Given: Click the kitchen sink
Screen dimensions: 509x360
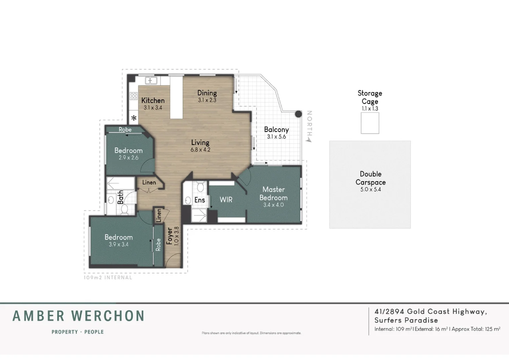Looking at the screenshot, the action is pos(151,81).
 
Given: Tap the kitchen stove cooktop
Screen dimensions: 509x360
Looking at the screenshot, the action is pos(134,96).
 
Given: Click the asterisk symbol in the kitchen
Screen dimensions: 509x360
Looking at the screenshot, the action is pos(134,118).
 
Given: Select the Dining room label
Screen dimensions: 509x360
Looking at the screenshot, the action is pos(207,93).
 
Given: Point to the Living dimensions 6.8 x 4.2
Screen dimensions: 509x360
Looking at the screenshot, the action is pos(201,150).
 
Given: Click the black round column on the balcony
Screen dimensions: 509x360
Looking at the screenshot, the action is pos(298,114).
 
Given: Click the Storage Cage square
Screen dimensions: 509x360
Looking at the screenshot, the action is pos(370,123).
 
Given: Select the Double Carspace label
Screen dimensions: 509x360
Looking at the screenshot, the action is pos(371,178).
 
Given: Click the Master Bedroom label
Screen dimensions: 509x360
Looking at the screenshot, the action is pos(273,193).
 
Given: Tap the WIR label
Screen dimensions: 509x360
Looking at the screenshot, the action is pos(226,200).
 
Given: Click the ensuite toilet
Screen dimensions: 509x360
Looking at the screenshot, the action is pos(200,186).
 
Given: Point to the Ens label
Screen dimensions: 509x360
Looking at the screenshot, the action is pos(200,200).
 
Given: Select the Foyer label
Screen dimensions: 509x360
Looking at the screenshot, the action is pos(170,236).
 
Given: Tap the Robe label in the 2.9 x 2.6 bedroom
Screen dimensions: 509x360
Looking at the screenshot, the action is pos(125,129).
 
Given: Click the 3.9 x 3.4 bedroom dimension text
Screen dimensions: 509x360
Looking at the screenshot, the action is pos(119,244).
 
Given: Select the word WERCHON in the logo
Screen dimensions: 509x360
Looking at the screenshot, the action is pos(108,316).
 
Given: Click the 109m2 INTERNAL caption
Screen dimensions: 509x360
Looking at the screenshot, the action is pos(108,277).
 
